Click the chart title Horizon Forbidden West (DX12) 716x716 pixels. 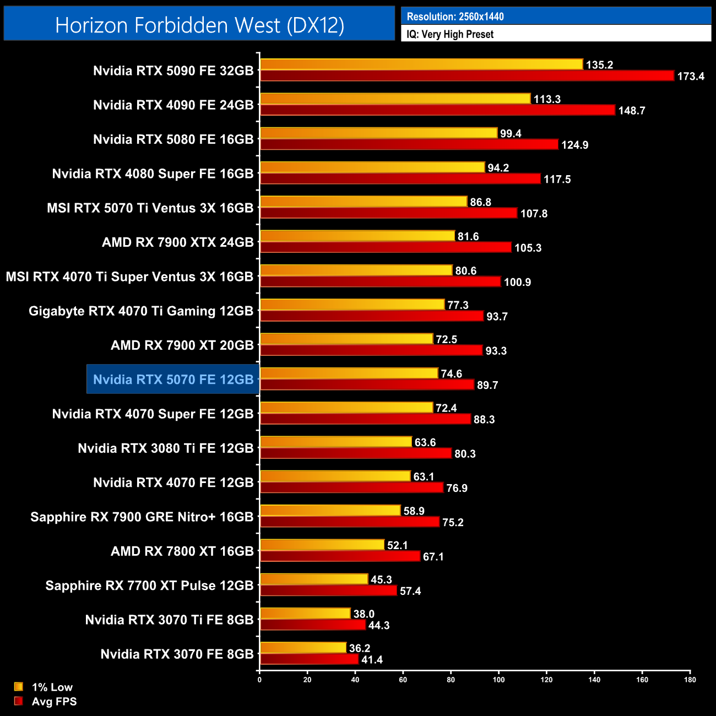(199, 25)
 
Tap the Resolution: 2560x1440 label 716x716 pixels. (455, 17)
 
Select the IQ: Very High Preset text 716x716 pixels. (450, 34)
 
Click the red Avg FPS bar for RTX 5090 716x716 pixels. (467, 76)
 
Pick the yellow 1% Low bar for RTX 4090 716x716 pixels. (395, 99)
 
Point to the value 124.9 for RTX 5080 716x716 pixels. (574, 145)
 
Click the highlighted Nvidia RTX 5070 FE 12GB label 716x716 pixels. (173, 379)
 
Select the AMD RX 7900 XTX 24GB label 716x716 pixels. (177, 242)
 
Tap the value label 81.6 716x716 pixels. (468, 236)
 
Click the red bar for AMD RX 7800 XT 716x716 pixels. (340, 556)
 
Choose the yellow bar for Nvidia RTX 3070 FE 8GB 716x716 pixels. (303, 648)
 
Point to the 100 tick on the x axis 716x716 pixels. (498, 680)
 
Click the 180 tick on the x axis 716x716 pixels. (690, 680)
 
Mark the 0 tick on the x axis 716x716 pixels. (259, 680)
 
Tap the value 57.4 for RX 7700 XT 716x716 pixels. (410, 591)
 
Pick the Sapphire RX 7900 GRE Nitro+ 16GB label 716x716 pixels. (142, 517)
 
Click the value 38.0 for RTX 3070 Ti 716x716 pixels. (364, 614)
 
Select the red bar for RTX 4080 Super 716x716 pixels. (400, 179)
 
